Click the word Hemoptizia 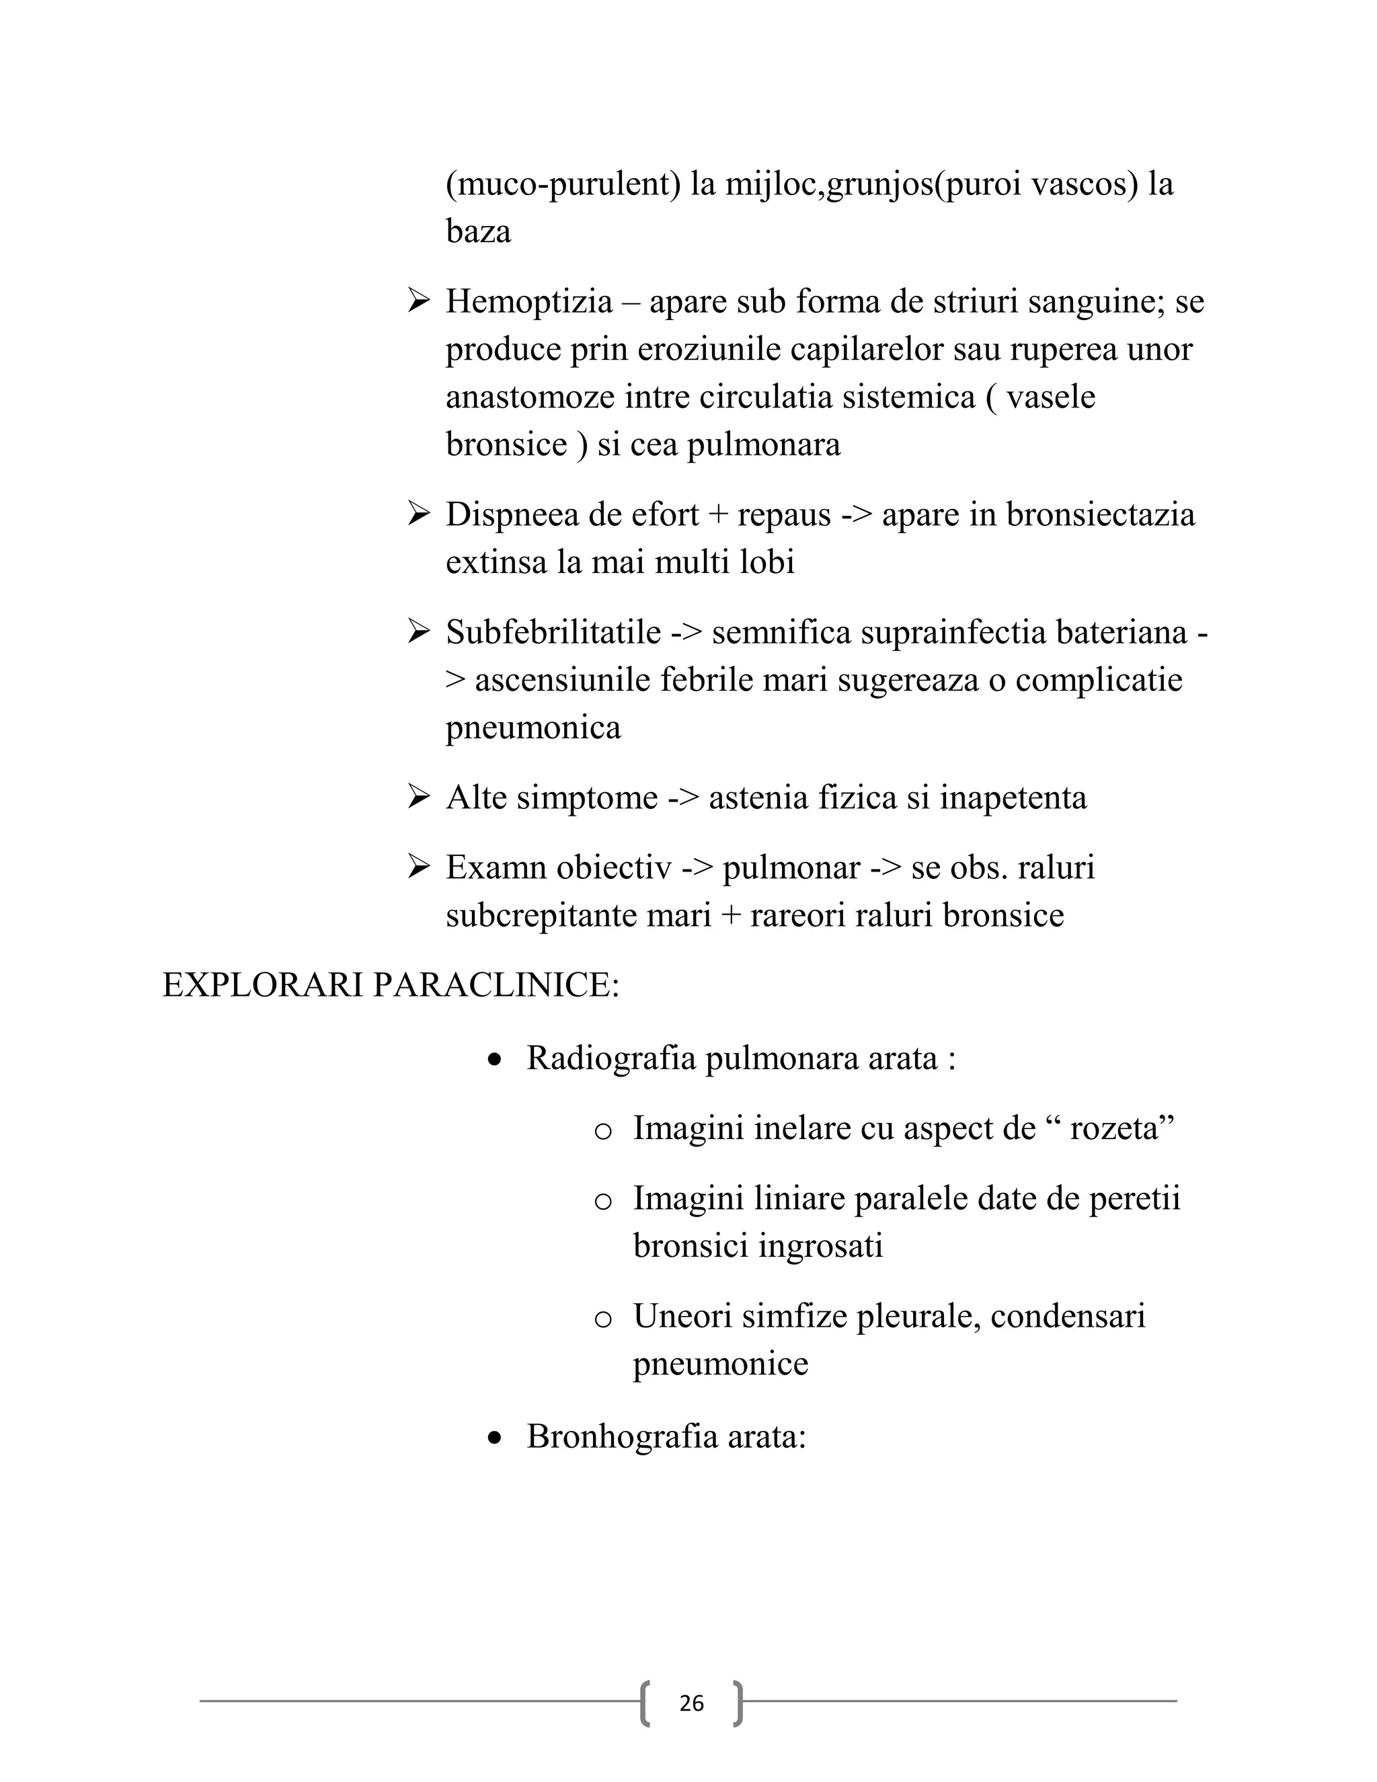click(x=528, y=302)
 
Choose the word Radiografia click(x=611, y=1058)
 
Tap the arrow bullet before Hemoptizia click(x=418, y=302)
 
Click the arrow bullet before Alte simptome click(x=418, y=797)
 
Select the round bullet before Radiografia click(x=494, y=1060)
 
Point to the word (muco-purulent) click(x=563, y=184)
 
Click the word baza click(x=478, y=232)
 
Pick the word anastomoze click(x=530, y=397)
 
